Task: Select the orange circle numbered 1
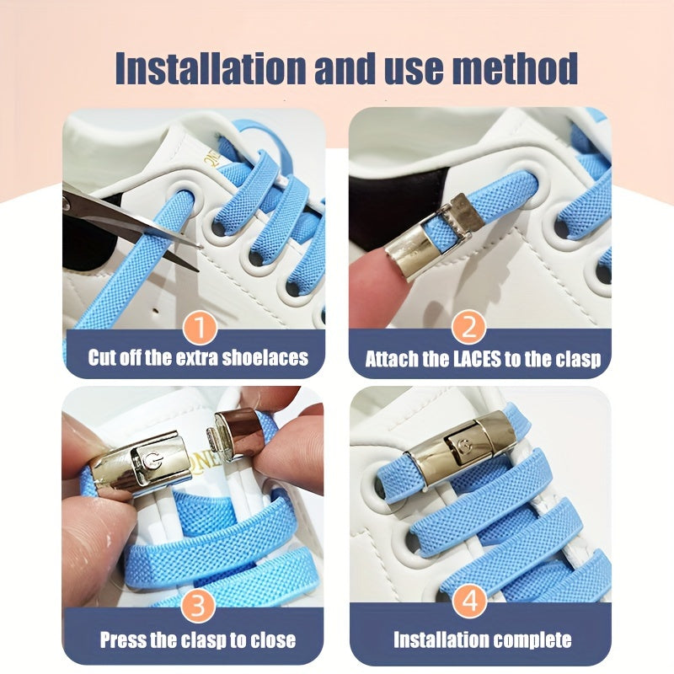click(200, 327)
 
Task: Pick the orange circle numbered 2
click(469, 327)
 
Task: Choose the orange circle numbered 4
click(469, 601)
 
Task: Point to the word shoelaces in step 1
click(265, 357)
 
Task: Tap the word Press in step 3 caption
click(123, 639)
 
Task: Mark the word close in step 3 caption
click(273, 639)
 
